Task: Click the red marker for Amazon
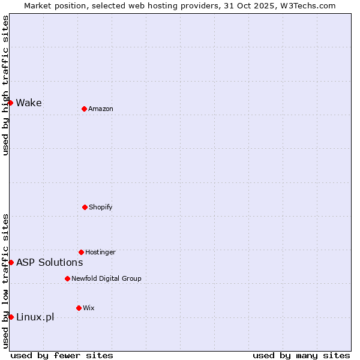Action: (x=84, y=109)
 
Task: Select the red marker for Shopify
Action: (x=85, y=207)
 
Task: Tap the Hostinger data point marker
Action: (x=81, y=252)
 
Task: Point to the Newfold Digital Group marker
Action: (x=67, y=278)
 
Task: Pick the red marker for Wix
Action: (x=79, y=308)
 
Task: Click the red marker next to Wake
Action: (x=10, y=103)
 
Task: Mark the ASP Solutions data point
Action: (x=11, y=262)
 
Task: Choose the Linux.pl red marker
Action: (x=11, y=317)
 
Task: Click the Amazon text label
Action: (x=101, y=109)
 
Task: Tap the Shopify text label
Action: (x=101, y=207)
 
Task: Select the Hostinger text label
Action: (x=100, y=252)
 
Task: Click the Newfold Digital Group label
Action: (x=106, y=278)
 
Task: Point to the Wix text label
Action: (x=89, y=308)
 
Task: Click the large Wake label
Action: (x=29, y=103)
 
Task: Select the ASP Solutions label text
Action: (x=49, y=262)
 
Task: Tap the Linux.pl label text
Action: (x=35, y=317)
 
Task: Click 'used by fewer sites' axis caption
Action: (x=62, y=355)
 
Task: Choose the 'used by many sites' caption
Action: (x=301, y=355)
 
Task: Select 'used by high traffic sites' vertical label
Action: (x=5, y=85)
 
